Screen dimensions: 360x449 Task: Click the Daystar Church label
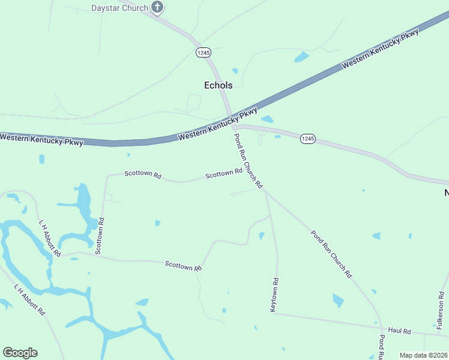pyautogui.click(x=119, y=8)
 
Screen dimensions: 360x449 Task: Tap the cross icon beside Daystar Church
pyautogui.click(x=157, y=7)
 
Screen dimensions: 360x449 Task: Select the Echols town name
pyautogui.click(x=218, y=85)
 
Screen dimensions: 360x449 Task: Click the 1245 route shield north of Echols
pyautogui.click(x=203, y=53)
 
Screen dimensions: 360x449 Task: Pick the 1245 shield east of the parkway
pyautogui.click(x=307, y=139)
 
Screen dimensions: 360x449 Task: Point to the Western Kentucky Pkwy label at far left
pyautogui.click(x=41, y=138)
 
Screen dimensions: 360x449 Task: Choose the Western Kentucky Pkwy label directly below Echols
pyautogui.click(x=218, y=124)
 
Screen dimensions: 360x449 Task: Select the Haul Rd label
pyautogui.click(x=399, y=331)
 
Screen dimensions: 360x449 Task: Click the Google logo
pyautogui.click(x=20, y=353)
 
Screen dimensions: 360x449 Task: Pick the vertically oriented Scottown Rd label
pyautogui.click(x=101, y=233)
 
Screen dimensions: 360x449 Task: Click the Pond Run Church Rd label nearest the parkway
pyautogui.click(x=248, y=161)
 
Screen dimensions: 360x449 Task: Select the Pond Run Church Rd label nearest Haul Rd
pyautogui.click(x=331, y=253)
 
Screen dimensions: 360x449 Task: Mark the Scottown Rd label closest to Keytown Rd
pyautogui.click(x=183, y=266)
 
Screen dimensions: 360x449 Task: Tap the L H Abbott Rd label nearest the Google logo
pyautogui.click(x=30, y=300)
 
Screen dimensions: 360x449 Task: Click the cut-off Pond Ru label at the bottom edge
pyautogui.click(x=381, y=348)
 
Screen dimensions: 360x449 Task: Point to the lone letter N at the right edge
pyautogui.click(x=446, y=193)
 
